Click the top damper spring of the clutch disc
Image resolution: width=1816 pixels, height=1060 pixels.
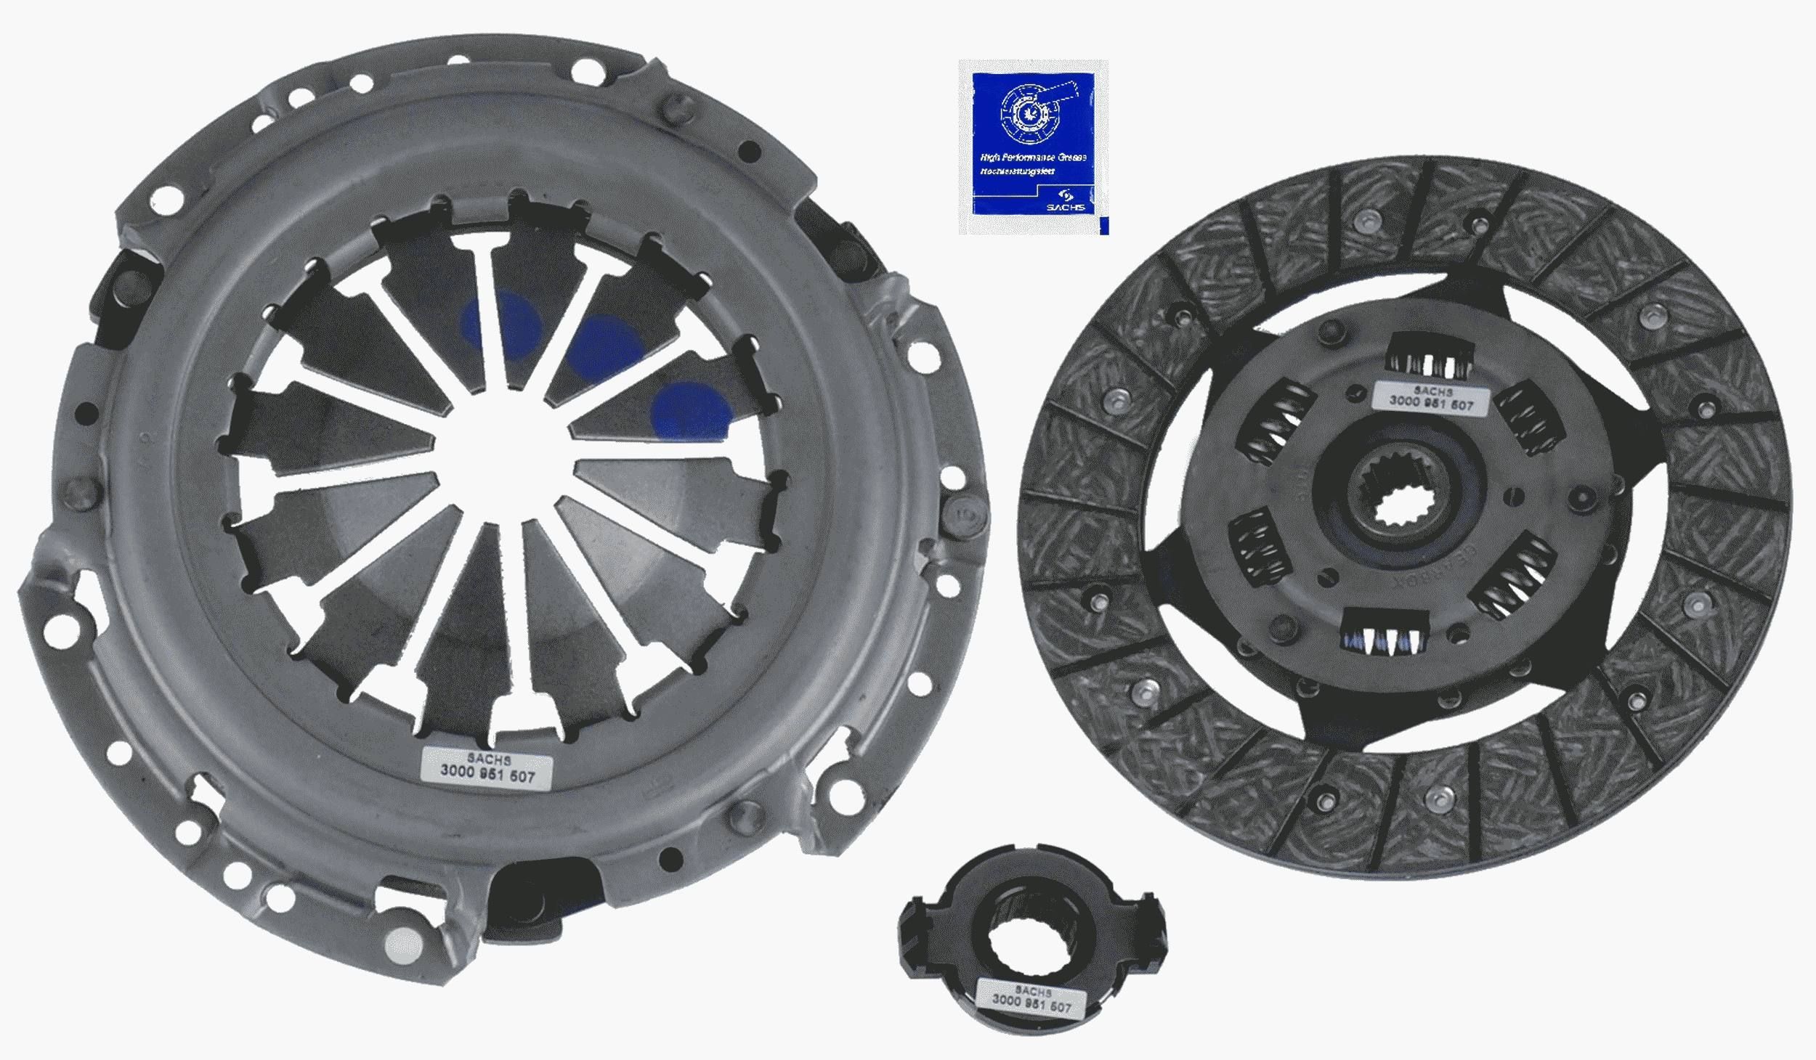coord(1424,364)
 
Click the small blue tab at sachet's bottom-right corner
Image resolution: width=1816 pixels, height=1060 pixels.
coord(1104,227)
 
